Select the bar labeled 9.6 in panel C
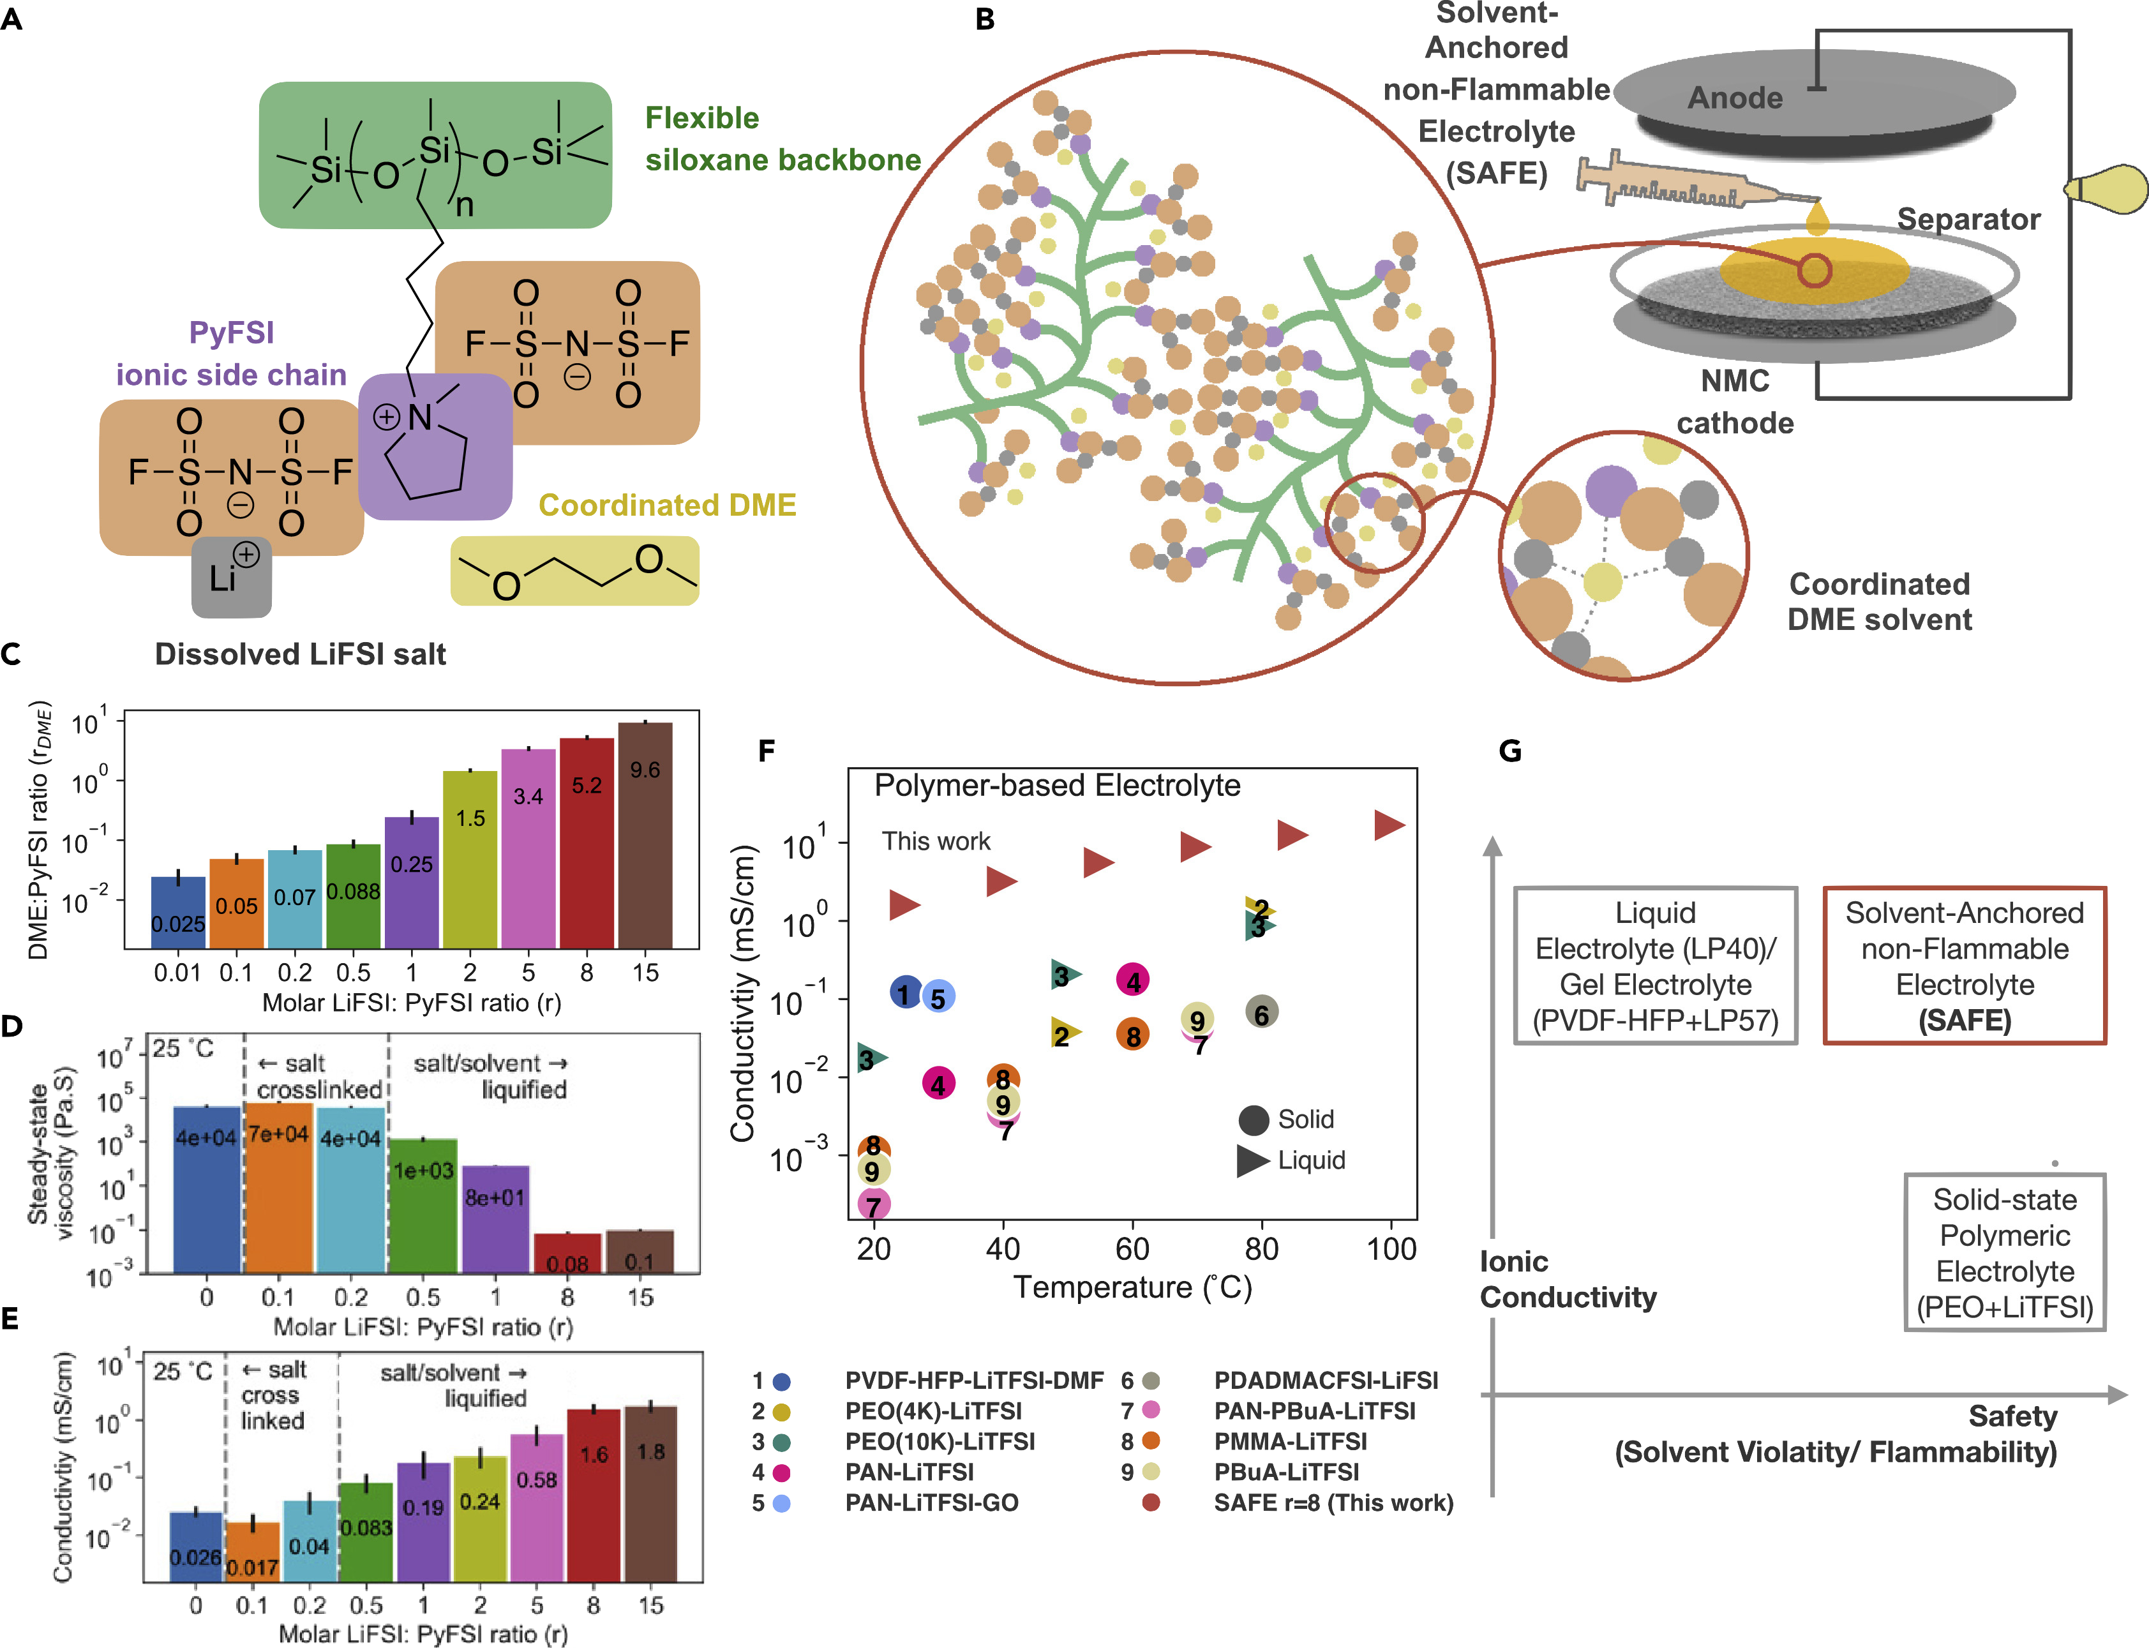click(x=645, y=834)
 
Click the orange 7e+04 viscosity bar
click(x=278, y=1187)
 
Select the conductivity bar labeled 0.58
click(x=537, y=1506)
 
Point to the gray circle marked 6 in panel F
click(x=1261, y=1014)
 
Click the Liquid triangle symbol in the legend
click(x=1252, y=1160)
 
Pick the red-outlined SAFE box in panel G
click(x=1964, y=966)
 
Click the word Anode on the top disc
click(x=1734, y=98)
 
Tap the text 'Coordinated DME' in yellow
click(x=667, y=506)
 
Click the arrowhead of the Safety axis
click(x=2118, y=1394)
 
